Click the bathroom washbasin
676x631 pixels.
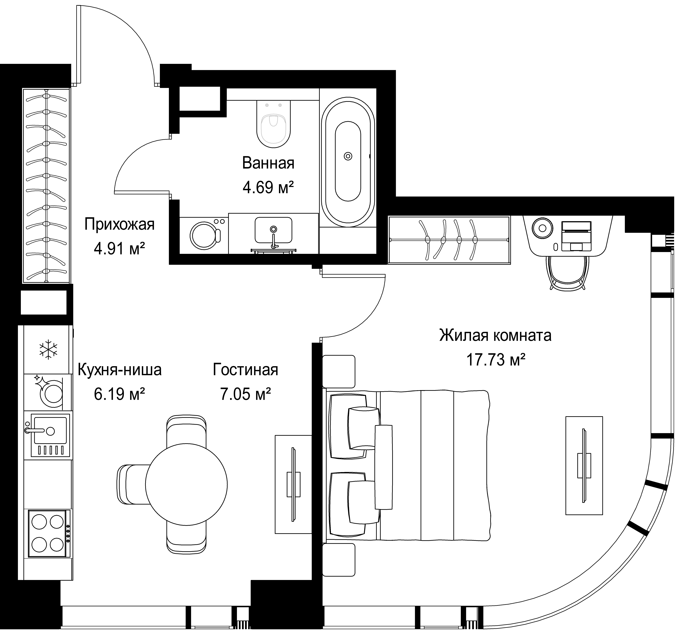[273, 231]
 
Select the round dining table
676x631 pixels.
[186, 485]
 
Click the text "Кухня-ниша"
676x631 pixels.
[120, 370]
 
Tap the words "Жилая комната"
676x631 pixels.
[495, 335]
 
